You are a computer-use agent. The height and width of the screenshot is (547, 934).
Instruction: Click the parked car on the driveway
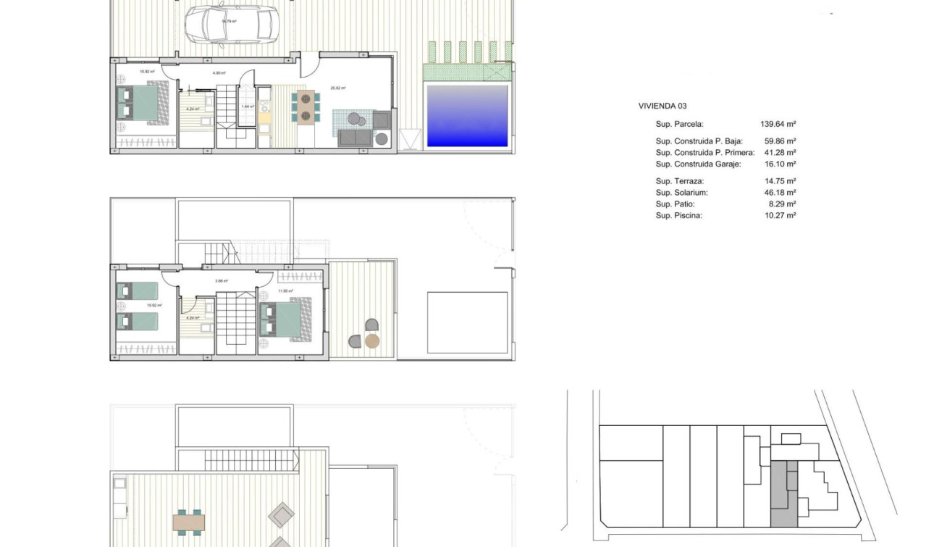pyautogui.click(x=231, y=25)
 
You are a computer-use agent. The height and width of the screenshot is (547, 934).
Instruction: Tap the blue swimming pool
pyautogui.click(x=467, y=116)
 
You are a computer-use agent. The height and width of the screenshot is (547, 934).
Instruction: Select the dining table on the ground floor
pyautogui.click(x=306, y=107)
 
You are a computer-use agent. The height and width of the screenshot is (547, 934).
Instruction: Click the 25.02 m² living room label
pyautogui.click(x=338, y=88)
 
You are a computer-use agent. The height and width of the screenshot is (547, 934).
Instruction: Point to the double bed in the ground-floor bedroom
pyautogui.click(x=143, y=102)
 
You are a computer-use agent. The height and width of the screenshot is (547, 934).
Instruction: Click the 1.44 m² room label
pyautogui.click(x=248, y=107)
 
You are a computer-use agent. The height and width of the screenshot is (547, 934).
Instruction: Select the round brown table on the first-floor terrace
pyautogui.click(x=372, y=341)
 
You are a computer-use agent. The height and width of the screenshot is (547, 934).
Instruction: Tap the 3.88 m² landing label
pyautogui.click(x=222, y=281)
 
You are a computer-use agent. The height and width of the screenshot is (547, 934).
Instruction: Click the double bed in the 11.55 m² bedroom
pyautogui.click(x=284, y=320)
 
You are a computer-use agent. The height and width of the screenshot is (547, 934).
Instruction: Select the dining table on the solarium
pyautogui.click(x=189, y=521)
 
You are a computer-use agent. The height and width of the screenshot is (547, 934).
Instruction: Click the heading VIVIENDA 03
pyautogui.click(x=662, y=106)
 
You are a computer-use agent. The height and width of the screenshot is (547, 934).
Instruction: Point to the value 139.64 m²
pyautogui.click(x=778, y=124)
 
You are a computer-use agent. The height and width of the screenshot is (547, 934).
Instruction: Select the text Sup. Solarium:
pyautogui.click(x=681, y=193)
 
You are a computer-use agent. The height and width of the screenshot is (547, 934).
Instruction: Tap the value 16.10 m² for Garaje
pyautogui.click(x=780, y=164)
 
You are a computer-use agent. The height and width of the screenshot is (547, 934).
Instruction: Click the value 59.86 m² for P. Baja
pyautogui.click(x=780, y=141)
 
